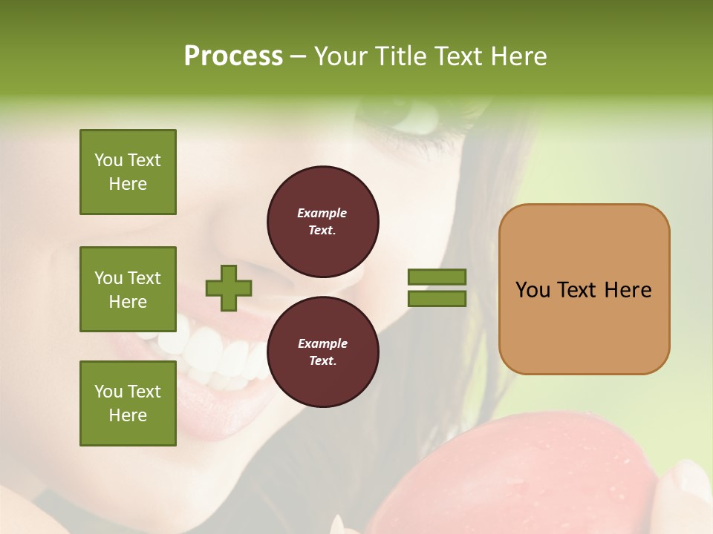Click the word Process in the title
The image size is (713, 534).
tap(233, 56)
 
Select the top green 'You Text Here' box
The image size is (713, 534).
tap(128, 172)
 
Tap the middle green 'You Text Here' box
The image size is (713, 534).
tap(128, 289)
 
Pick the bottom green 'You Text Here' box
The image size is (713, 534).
tap(128, 403)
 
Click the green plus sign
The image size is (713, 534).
tap(229, 288)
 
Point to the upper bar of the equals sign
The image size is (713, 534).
tap(437, 277)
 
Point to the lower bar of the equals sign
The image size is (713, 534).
tap(437, 299)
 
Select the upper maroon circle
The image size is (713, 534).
tap(322, 222)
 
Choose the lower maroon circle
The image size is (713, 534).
tap(322, 352)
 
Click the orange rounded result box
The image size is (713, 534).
tap(584, 289)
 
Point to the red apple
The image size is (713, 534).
tap(520, 475)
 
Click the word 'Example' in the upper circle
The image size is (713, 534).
tap(322, 213)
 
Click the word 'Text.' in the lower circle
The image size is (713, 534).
tap(322, 361)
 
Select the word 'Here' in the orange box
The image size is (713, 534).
tap(628, 290)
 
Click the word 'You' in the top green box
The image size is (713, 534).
tap(108, 160)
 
